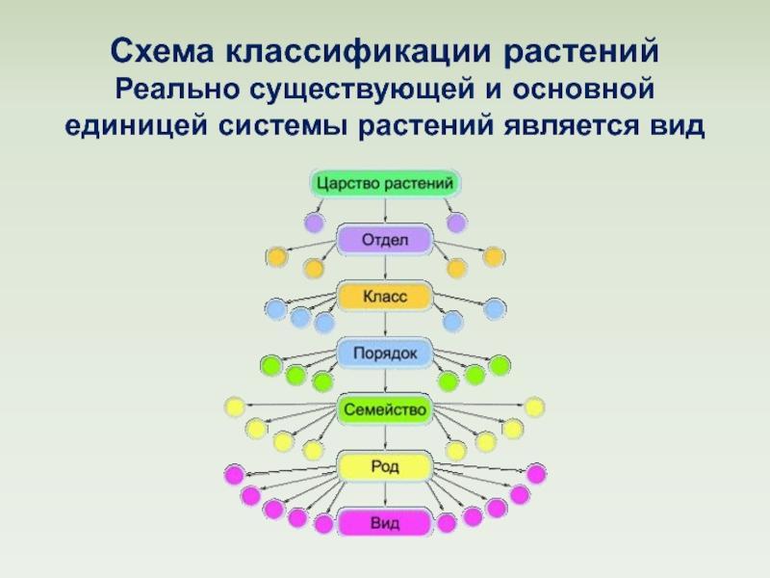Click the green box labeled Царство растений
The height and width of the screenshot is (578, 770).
385,183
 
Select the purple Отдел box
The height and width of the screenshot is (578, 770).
385,240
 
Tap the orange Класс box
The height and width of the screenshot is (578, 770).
385,297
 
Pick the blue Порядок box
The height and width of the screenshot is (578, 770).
385,353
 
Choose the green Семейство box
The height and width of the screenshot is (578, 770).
385,409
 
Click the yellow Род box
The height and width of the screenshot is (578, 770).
385,466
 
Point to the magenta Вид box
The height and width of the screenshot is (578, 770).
385,522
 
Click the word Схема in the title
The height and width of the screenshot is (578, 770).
162,51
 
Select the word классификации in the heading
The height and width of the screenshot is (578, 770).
358,52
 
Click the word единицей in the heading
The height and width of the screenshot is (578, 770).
136,126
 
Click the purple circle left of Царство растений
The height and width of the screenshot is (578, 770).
314,223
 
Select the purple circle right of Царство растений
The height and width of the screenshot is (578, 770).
455,223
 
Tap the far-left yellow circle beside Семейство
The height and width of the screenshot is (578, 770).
234,407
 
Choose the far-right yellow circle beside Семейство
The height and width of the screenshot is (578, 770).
535,407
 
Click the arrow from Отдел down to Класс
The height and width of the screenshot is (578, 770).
385,269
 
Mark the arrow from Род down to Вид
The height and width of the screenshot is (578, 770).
385,494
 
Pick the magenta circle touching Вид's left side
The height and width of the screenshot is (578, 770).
323,524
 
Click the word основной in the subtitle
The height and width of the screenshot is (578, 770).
583,89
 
